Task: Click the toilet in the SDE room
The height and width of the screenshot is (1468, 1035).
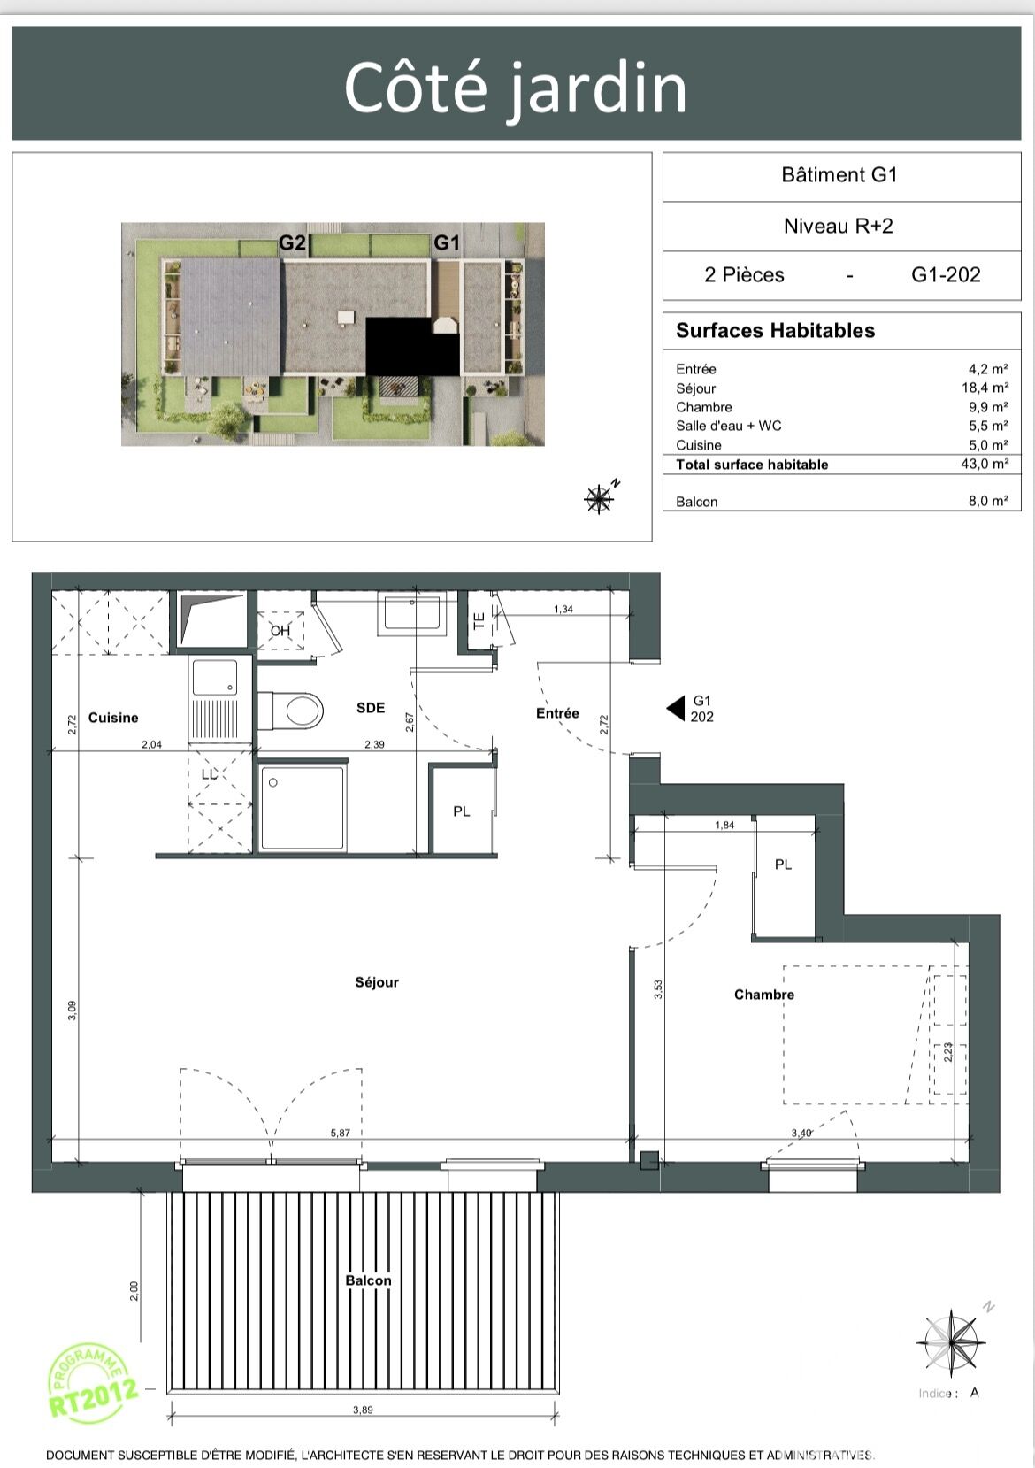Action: tap(291, 710)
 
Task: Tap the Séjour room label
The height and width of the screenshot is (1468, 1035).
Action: tap(377, 981)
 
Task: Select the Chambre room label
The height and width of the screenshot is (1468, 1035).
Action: tap(763, 995)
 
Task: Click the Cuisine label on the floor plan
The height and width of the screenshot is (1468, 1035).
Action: tap(113, 718)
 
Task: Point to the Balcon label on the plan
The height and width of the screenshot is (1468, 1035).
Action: tap(368, 1280)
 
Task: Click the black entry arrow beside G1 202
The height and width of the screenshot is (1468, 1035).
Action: tap(675, 709)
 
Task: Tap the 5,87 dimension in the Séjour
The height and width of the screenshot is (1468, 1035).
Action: tap(340, 1133)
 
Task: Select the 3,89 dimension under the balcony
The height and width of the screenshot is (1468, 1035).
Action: tap(363, 1410)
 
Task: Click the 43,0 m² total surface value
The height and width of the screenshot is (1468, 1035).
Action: tap(988, 464)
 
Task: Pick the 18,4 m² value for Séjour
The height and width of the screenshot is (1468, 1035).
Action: tap(985, 388)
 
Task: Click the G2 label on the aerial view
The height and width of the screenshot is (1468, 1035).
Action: tap(292, 242)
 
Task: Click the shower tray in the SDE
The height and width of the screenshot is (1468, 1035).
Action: tap(302, 807)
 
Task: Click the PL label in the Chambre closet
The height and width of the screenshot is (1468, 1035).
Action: tap(783, 865)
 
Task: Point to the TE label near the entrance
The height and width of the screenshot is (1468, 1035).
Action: tap(479, 620)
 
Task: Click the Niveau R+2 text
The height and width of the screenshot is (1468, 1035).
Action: tap(839, 227)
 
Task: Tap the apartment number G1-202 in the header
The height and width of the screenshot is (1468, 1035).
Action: tap(946, 274)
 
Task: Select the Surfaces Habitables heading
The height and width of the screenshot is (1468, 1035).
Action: tap(776, 330)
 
